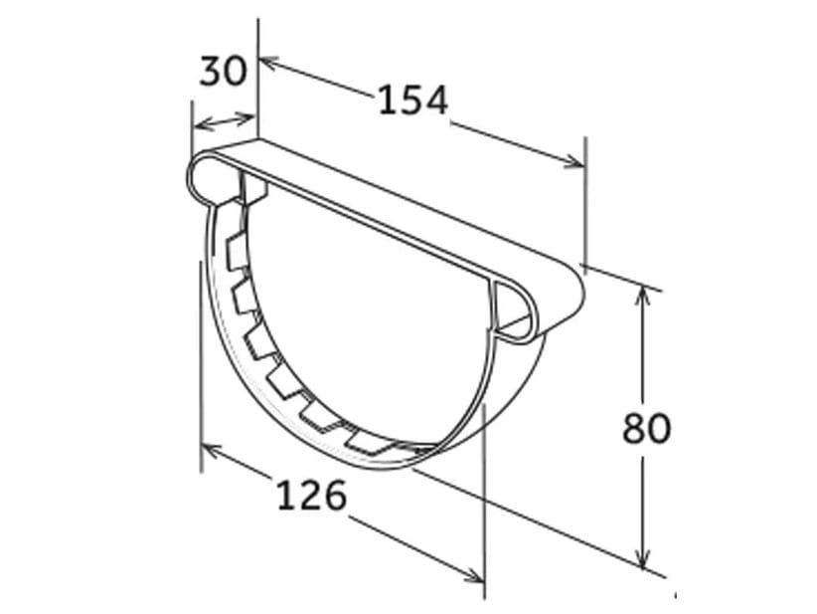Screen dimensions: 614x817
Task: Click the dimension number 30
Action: [224, 71]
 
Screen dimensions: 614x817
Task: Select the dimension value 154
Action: [412, 100]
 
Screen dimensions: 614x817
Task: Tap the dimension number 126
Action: [310, 495]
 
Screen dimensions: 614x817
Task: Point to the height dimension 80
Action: [647, 428]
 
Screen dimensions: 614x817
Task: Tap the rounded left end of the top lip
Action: [200, 177]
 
